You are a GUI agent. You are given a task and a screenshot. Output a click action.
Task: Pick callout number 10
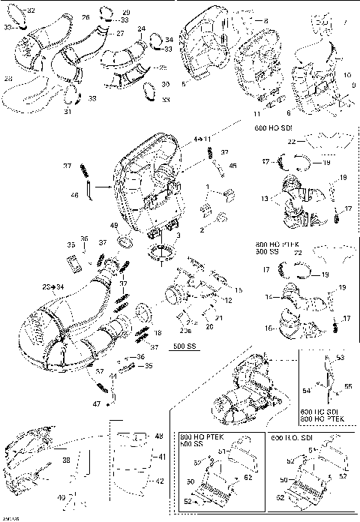tap(347, 76)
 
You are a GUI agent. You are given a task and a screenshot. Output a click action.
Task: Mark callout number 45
tap(232, 166)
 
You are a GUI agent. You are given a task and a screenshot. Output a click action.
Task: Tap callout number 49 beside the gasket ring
tap(113, 225)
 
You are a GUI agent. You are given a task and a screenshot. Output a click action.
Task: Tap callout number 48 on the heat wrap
tap(157, 436)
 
